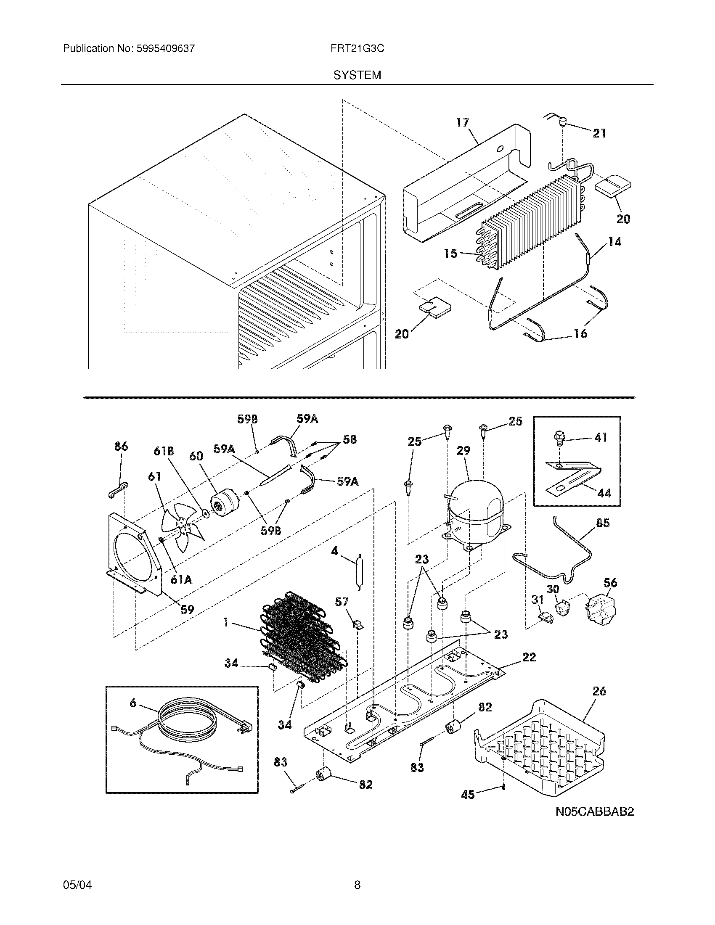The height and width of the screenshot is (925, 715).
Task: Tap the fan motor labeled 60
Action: [x=225, y=505]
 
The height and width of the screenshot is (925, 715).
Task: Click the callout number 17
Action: [x=463, y=122]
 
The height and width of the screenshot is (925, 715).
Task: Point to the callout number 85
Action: [x=603, y=523]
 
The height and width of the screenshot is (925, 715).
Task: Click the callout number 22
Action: [x=529, y=657]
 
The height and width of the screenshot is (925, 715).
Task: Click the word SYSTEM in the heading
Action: [x=357, y=75]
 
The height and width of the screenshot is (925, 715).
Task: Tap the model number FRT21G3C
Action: [x=357, y=49]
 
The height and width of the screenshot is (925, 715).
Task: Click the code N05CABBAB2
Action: [x=595, y=811]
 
